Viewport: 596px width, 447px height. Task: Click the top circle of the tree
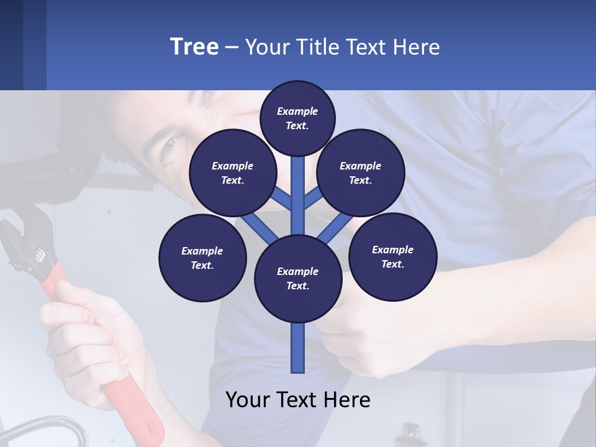click(297, 118)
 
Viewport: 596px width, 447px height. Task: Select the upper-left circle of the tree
click(233, 173)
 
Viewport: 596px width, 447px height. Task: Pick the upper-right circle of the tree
click(361, 173)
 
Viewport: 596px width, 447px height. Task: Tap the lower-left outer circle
click(202, 258)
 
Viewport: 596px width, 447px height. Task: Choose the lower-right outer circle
click(392, 256)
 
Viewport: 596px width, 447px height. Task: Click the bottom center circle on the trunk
click(298, 278)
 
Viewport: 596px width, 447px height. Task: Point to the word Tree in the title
click(194, 47)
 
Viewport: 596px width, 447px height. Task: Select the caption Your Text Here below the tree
click(298, 400)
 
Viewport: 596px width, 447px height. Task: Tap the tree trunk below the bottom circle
click(298, 348)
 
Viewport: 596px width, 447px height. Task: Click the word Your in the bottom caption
click(247, 400)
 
